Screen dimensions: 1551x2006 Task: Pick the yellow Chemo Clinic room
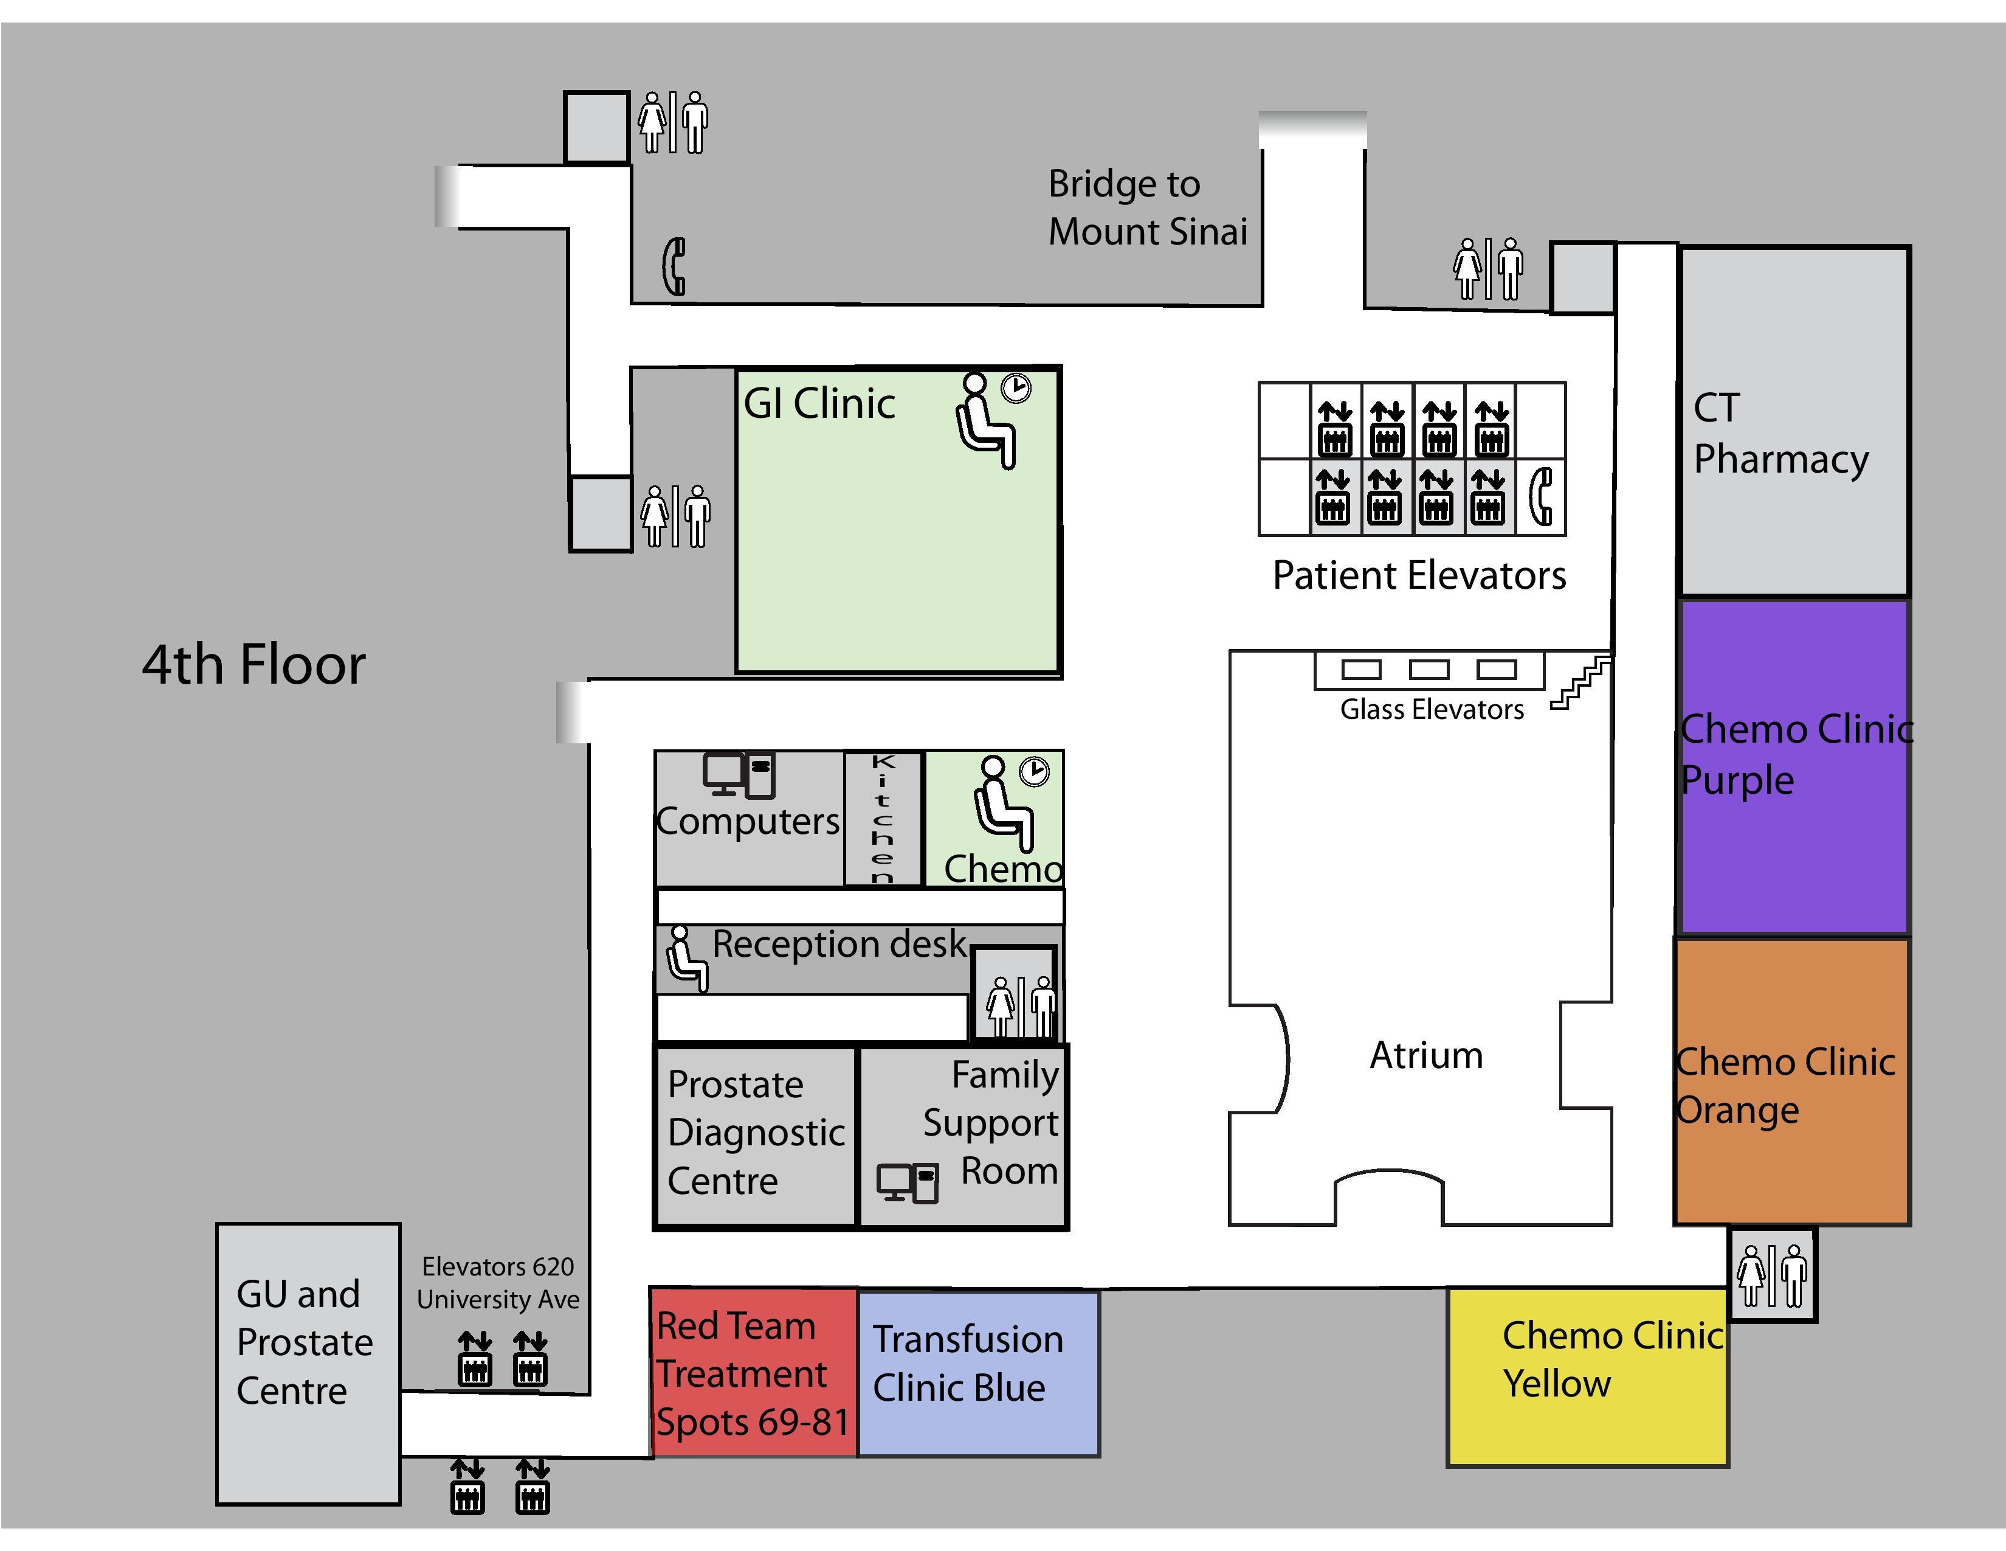pos(1586,1375)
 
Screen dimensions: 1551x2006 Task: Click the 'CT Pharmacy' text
pos(1780,433)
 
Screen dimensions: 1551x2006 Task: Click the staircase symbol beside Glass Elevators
pos(1580,682)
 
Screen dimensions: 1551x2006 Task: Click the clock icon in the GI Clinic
pos(1015,388)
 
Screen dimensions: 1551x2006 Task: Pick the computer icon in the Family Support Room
pos(906,1182)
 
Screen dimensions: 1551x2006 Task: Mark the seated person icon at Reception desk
pos(686,959)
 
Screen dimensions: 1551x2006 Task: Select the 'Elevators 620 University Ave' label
pos(498,1283)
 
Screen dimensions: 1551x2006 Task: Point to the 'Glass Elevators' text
pos(1431,709)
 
